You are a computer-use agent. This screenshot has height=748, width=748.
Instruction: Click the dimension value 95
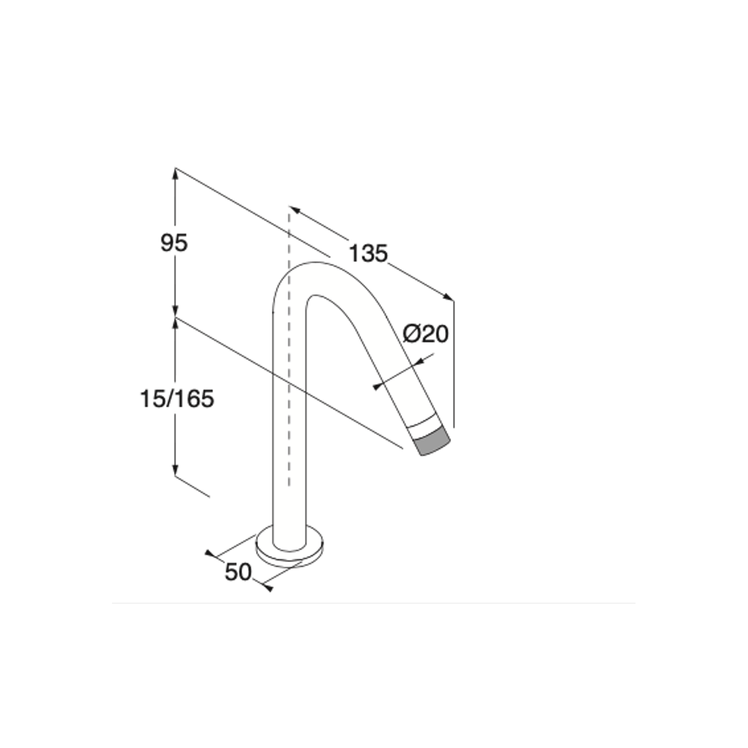(x=174, y=243)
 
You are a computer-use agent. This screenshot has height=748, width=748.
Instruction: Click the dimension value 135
(x=368, y=253)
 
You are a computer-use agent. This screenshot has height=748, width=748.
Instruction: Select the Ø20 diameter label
(x=425, y=334)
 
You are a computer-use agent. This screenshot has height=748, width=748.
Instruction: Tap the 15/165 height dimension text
(x=177, y=399)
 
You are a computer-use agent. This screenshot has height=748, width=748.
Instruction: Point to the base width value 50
(x=238, y=572)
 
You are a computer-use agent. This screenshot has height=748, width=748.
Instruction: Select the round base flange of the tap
(x=290, y=556)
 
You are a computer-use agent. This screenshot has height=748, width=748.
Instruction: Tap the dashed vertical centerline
(x=289, y=357)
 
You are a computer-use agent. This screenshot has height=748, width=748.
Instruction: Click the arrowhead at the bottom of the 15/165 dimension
(x=175, y=470)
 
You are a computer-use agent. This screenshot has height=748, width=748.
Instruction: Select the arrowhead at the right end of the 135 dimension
(x=448, y=297)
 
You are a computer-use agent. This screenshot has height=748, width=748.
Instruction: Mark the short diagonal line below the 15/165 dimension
(x=192, y=486)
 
